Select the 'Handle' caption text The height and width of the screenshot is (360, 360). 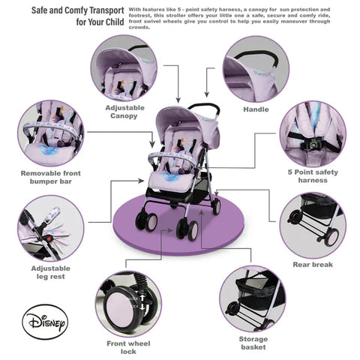click(256, 109)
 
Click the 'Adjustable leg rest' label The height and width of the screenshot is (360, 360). click(51, 272)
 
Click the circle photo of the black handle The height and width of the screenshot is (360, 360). click(255, 68)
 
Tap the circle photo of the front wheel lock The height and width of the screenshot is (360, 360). click(128, 303)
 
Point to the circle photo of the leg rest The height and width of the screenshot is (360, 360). click(50, 227)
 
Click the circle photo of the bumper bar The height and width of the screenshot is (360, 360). click(50, 133)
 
